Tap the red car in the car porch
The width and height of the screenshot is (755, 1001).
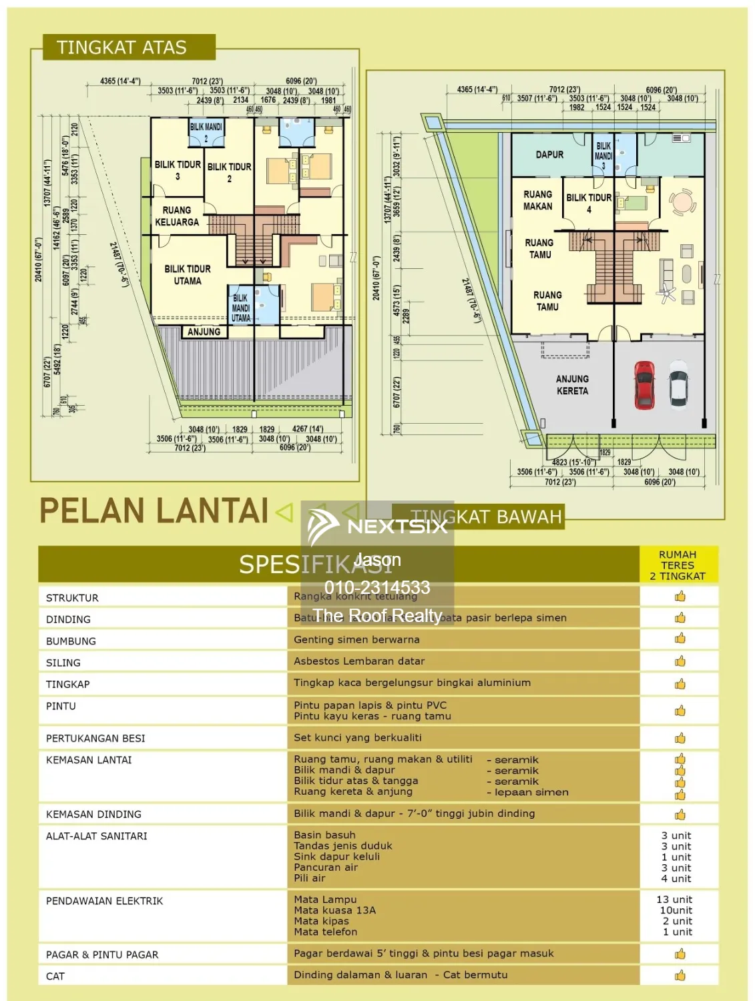[644, 384]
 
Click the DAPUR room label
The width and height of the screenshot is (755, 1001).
[549, 155]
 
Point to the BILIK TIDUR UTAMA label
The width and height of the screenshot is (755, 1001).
[188, 275]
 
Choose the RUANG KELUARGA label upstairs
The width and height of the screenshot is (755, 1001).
[177, 216]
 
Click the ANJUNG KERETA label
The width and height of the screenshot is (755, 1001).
[572, 385]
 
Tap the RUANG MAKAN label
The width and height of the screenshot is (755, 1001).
[537, 200]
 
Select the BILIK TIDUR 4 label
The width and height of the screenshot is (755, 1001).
[588, 203]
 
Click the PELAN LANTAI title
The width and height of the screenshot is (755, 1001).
[154, 511]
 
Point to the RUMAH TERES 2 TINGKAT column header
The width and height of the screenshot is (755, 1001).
[678, 565]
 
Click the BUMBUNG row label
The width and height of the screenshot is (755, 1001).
[71, 641]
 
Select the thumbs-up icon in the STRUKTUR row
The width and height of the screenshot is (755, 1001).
[680, 597]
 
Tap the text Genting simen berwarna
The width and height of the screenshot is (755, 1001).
[356, 640]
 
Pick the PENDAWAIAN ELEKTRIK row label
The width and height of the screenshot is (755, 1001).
[104, 901]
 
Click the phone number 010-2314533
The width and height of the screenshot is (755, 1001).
[377, 587]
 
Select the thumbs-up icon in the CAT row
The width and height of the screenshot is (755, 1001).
[680, 976]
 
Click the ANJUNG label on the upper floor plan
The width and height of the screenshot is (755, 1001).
[204, 332]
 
